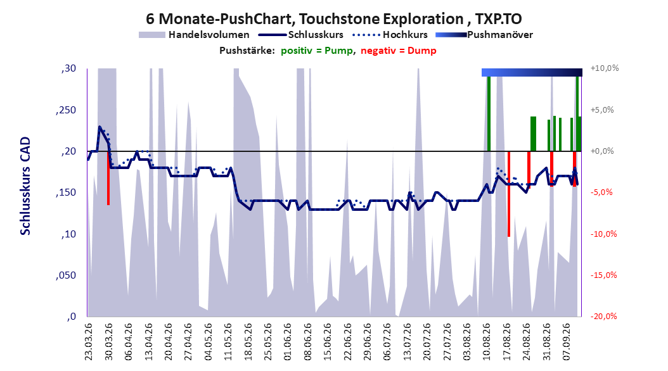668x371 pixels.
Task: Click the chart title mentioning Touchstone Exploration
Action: [x=333, y=19]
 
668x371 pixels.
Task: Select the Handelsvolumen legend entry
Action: [x=195, y=35]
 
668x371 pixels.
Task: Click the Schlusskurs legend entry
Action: [x=301, y=35]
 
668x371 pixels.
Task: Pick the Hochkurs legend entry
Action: [x=390, y=35]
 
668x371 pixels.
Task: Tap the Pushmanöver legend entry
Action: [x=484, y=35]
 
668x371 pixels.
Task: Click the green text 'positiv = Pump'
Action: [x=316, y=51]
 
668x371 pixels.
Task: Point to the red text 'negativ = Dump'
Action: [x=399, y=51]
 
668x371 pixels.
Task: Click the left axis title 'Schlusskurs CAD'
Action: [x=25, y=186]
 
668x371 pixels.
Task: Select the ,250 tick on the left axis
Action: [x=66, y=110]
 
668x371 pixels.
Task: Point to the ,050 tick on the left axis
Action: [x=66, y=275]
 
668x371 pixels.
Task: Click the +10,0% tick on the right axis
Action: [x=605, y=68]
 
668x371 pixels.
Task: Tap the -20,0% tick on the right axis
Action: [x=603, y=317]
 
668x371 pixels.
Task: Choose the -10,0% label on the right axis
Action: [x=603, y=234]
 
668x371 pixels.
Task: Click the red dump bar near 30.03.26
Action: [x=108, y=179]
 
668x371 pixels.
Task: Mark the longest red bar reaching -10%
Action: [x=509, y=194]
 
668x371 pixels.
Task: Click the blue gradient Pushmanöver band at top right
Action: [x=532, y=72]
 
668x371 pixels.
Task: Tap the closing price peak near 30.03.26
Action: [x=100, y=127]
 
